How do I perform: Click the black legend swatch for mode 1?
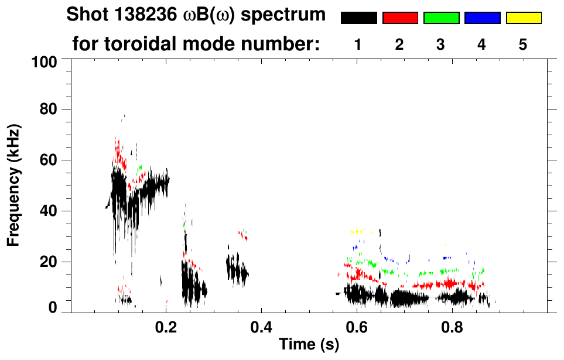(358, 18)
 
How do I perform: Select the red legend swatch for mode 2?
(400, 18)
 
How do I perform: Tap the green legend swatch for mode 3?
(441, 18)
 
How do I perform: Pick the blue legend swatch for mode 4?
(482, 18)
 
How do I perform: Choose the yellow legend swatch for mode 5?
(523, 18)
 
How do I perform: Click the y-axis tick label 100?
(45, 61)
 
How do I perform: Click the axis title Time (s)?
(309, 345)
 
